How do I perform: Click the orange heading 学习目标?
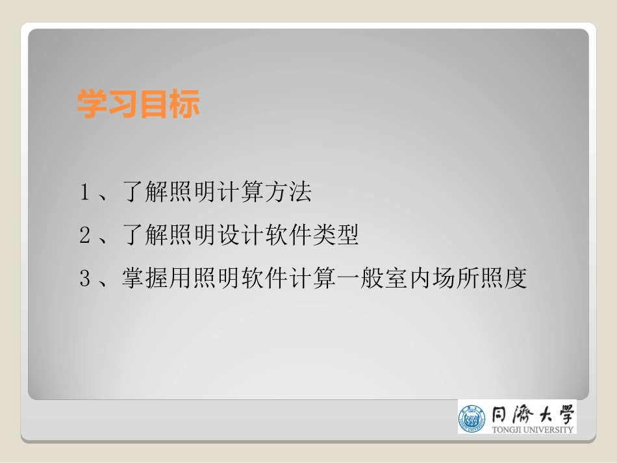click(138, 104)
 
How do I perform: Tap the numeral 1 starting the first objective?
click(84, 193)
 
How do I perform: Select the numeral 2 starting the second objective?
click(84, 236)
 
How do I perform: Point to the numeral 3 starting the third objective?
click(84, 279)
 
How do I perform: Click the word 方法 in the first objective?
click(289, 193)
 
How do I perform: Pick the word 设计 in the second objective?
click(242, 236)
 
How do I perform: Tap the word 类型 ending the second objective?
click(336, 236)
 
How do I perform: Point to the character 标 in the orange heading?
click(186, 104)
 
